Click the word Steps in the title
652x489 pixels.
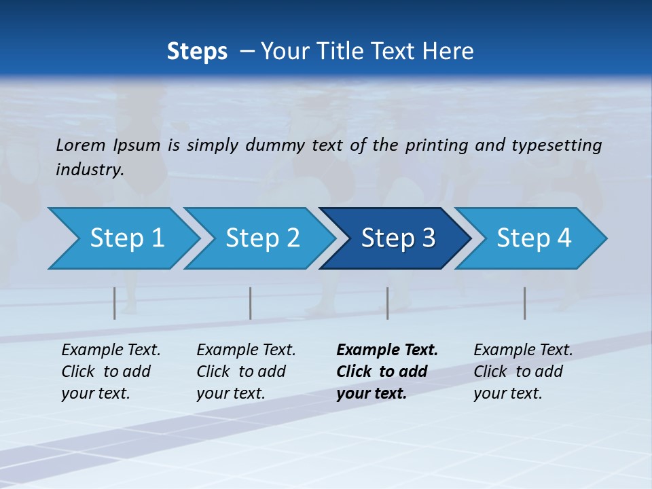197,52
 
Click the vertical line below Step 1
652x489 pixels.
115,303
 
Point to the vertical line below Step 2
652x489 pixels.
251,303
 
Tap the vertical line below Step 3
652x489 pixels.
388,303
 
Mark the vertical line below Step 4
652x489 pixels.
525,303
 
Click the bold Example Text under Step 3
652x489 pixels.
387,372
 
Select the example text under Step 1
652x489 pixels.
111,372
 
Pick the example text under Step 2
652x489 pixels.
246,372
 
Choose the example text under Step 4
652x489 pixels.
523,372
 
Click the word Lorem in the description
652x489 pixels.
80,145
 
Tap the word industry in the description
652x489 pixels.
89,170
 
